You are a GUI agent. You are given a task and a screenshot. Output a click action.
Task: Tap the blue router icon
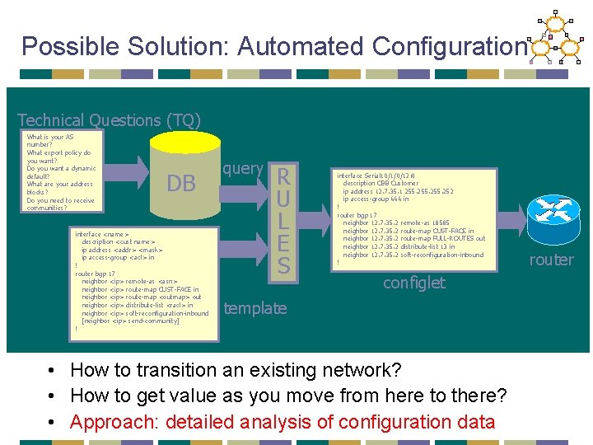point(549,217)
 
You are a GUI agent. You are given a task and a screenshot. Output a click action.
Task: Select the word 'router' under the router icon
point(551,260)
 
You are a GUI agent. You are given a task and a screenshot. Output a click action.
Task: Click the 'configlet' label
point(414,283)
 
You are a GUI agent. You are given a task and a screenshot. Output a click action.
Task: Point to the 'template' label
point(255,308)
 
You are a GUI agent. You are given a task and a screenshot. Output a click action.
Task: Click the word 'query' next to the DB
point(243,168)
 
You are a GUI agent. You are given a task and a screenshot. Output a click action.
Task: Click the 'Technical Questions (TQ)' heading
point(109,120)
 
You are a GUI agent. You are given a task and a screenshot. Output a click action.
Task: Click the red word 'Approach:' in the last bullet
point(114,422)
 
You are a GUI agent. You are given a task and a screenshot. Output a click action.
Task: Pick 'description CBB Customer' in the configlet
point(381,183)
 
